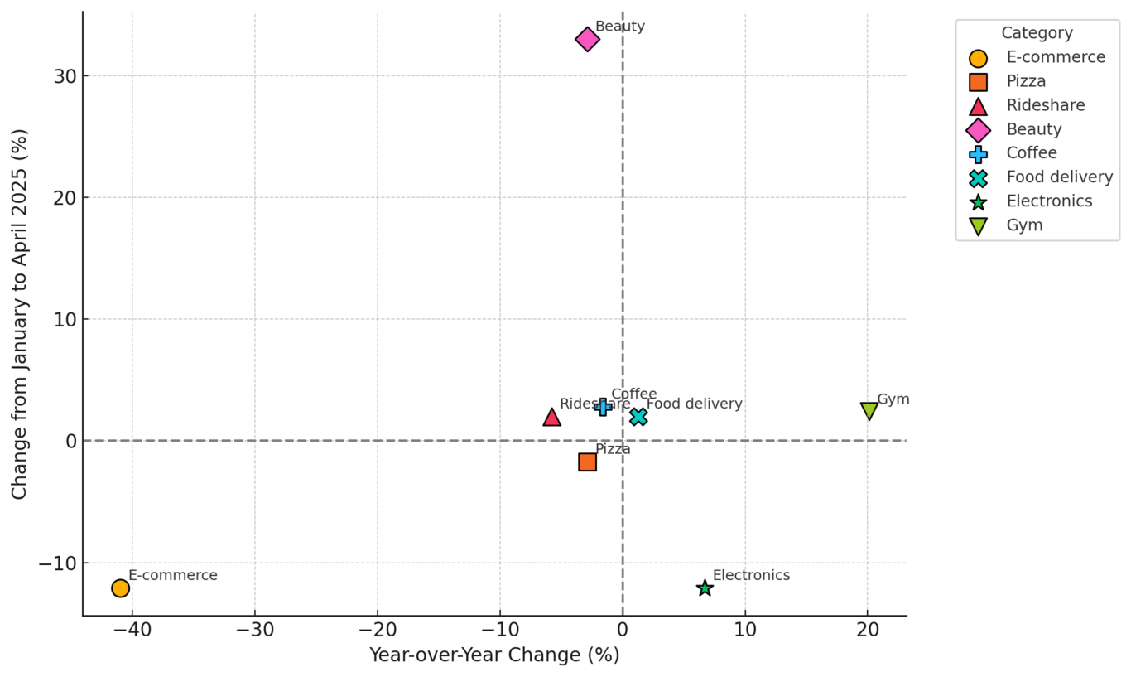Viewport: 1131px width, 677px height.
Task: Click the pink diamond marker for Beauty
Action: [x=587, y=39]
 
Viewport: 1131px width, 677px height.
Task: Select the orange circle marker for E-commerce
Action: [x=120, y=588]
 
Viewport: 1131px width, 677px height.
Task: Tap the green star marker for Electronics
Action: [x=705, y=588]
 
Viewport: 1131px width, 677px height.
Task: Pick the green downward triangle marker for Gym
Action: [x=869, y=410]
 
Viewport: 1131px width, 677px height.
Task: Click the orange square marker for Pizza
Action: [x=587, y=462]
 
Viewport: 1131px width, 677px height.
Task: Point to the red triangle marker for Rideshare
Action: [x=551, y=417]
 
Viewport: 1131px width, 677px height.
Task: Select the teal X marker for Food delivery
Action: [x=638, y=417]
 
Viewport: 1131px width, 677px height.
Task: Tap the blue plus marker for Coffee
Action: [x=603, y=407]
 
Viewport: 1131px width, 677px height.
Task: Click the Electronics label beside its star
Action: [x=751, y=575]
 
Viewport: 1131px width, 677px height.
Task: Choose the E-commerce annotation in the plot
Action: [x=172, y=575]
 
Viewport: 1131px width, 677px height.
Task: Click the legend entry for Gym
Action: [x=1024, y=225]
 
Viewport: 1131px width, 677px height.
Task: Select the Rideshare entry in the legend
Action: [x=1045, y=105]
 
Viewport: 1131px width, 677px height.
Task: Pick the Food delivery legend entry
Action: [x=1059, y=177]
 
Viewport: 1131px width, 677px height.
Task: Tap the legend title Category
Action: [x=1037, y=33]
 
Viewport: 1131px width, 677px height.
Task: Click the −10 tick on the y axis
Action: [x=58, y=563]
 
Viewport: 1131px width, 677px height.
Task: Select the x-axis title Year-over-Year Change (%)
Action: [x=493, y=655]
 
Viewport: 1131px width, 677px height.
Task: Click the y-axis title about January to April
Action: [x=20, y=313]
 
